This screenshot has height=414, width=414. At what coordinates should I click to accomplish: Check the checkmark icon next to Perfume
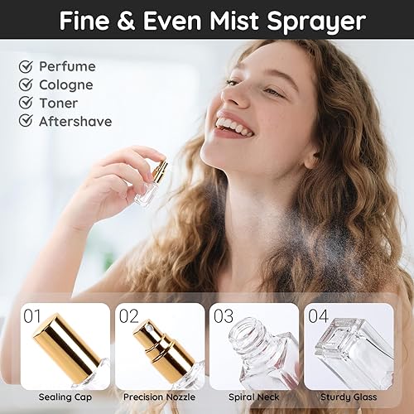tap(26, 66)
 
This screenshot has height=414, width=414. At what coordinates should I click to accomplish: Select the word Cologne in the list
tap(66, 84)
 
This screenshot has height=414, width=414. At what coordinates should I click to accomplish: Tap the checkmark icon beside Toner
tap(26, 103)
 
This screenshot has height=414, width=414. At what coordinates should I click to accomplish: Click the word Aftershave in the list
tap(75, 122)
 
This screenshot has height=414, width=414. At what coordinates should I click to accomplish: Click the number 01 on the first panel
tap(34, 316)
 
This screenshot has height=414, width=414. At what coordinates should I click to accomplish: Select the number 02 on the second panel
tap(128, 316)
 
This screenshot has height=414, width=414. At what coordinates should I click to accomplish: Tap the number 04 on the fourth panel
tap(317, 316)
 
